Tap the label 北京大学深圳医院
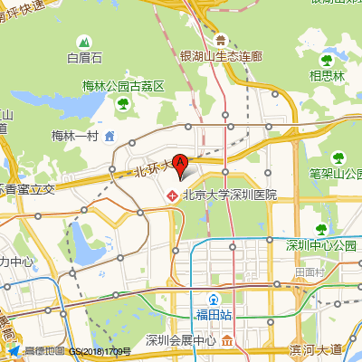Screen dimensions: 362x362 (229, 195)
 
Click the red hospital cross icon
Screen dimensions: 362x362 (172, 195)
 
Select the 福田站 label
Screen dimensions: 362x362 (214, 315)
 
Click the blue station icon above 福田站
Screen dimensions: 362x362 (214, 300)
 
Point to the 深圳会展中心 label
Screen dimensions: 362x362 (181, 341)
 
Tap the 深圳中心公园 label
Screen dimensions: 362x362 (321, 245)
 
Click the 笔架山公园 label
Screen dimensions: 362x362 (334, 173)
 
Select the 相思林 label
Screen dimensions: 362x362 (328, 76)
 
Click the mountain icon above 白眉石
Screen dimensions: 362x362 (84, 42)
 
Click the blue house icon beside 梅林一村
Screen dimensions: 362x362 (110, 136)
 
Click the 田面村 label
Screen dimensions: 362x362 (310, 271)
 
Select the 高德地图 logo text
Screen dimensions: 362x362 (44, 351)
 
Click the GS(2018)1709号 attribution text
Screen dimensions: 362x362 (100, 351)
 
